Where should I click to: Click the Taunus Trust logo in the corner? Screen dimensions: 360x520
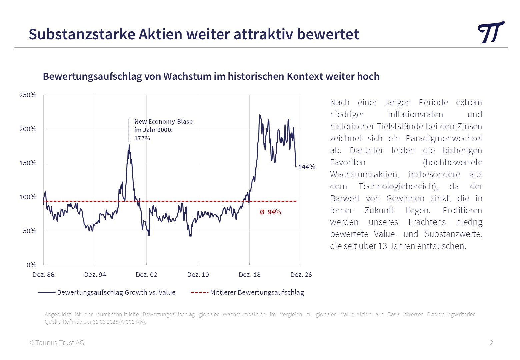click(x=491, y=32)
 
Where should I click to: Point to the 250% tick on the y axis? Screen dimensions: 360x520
click(x=28, y=95)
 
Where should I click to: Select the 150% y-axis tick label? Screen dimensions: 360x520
click(x=28, y=163)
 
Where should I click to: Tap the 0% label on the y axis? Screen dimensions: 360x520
click(x=32, y=265)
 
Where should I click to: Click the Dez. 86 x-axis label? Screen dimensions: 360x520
click(x=43, y=275)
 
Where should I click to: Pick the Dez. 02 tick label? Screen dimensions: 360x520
click(x=146, y=275)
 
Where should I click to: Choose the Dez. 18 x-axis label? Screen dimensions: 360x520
click(x=250, y=275)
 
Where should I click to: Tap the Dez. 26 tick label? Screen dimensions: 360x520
click(x=301, y=275)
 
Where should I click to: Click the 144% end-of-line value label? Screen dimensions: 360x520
click(x=307, y=167)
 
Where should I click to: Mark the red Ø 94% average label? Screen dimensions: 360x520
click(x=270, y=212)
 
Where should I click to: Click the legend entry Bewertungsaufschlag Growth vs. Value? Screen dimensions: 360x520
click(x=116, y=292)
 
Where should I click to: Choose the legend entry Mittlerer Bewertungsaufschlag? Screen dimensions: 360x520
click(x=257, y=292)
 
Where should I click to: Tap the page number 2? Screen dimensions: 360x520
click(x=491, y=343)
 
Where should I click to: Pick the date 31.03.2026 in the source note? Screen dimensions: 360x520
click(x=105, y=322)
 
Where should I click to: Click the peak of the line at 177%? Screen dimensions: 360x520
click(x=129, y=145)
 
